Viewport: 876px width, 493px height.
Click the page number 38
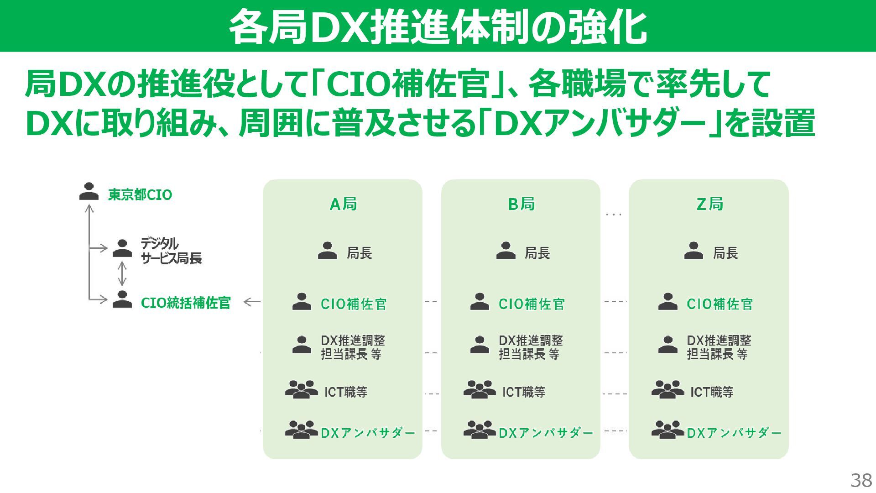861,480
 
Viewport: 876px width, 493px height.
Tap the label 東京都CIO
140,195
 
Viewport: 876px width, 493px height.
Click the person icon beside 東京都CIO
89,191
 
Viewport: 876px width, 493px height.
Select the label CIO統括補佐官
186,303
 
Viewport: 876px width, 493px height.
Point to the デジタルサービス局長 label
171,251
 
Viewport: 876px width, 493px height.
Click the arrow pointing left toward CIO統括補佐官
252,302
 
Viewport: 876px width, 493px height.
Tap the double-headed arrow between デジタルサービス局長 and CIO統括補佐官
122,273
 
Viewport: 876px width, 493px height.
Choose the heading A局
343,204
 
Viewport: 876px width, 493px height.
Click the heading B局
521,204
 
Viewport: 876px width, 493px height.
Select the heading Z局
709,204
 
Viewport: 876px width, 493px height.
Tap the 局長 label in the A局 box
360,253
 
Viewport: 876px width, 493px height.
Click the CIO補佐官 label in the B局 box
532,304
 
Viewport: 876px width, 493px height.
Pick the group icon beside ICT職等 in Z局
667,390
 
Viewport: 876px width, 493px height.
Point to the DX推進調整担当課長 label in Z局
719,347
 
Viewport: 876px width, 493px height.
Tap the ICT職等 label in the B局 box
524,392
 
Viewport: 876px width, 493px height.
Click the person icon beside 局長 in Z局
693,251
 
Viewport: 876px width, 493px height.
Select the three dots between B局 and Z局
614,214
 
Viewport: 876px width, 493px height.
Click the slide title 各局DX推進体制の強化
438,26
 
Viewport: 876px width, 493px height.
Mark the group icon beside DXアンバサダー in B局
480,430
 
